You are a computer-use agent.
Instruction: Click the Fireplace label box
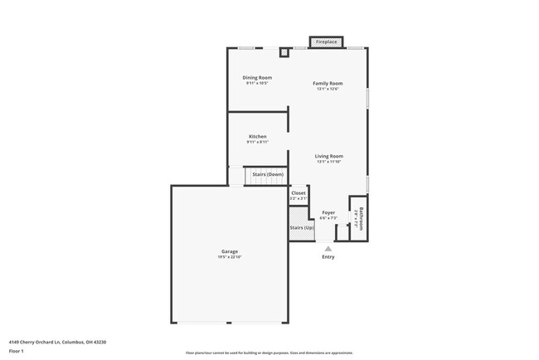pos(327,41)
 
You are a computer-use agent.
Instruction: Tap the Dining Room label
pos(257,78)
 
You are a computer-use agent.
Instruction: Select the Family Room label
pos(328,84)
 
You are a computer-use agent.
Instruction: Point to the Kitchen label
pos(257,137)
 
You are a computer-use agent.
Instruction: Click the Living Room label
pos(328,156)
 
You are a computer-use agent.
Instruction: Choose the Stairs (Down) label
pos(268,174)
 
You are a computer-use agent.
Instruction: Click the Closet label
pos(299,193)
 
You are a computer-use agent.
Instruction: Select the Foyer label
pos(328,212)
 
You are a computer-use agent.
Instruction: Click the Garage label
pos(230,251)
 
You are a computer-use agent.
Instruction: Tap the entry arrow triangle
pos(328,248)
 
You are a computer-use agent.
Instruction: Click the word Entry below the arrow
pos(328,257)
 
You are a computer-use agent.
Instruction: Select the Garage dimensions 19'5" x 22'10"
pos(230,257)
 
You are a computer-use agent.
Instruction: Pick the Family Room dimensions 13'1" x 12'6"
pos(328,89)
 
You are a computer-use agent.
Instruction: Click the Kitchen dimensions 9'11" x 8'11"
pos(257,142)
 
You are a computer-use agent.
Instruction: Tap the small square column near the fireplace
pos(284,52)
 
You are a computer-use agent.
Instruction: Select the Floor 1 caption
pos(17,352)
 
